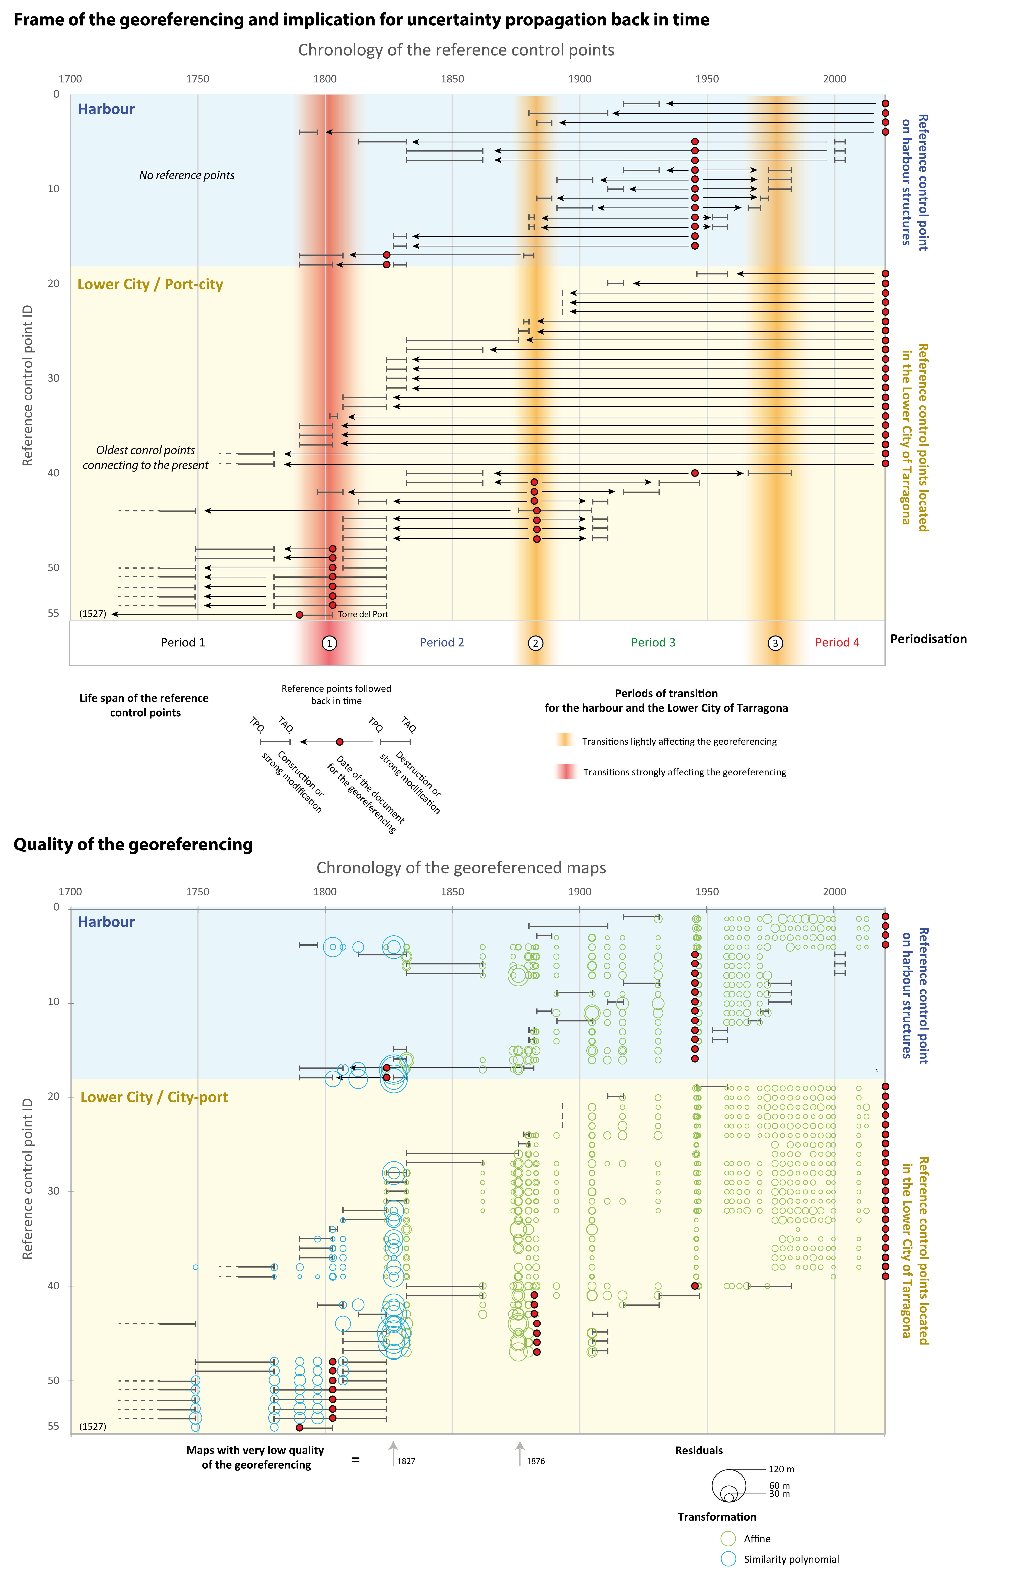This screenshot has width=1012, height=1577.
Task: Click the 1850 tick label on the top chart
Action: [x=452, y=79]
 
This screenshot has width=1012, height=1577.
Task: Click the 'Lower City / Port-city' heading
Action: [x=150, y=285]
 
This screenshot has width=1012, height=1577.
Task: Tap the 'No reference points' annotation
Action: [x=187, y=175]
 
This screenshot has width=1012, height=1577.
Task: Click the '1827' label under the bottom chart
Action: [x=406, y=1461]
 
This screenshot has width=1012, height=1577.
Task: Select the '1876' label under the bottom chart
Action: [x=536, y=1461]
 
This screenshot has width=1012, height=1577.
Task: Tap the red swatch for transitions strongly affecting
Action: [x=565, y=771]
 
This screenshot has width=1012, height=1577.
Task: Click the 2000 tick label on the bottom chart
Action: [x=835, y=892]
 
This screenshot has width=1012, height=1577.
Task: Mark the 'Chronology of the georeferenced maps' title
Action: [x=461, y=868]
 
